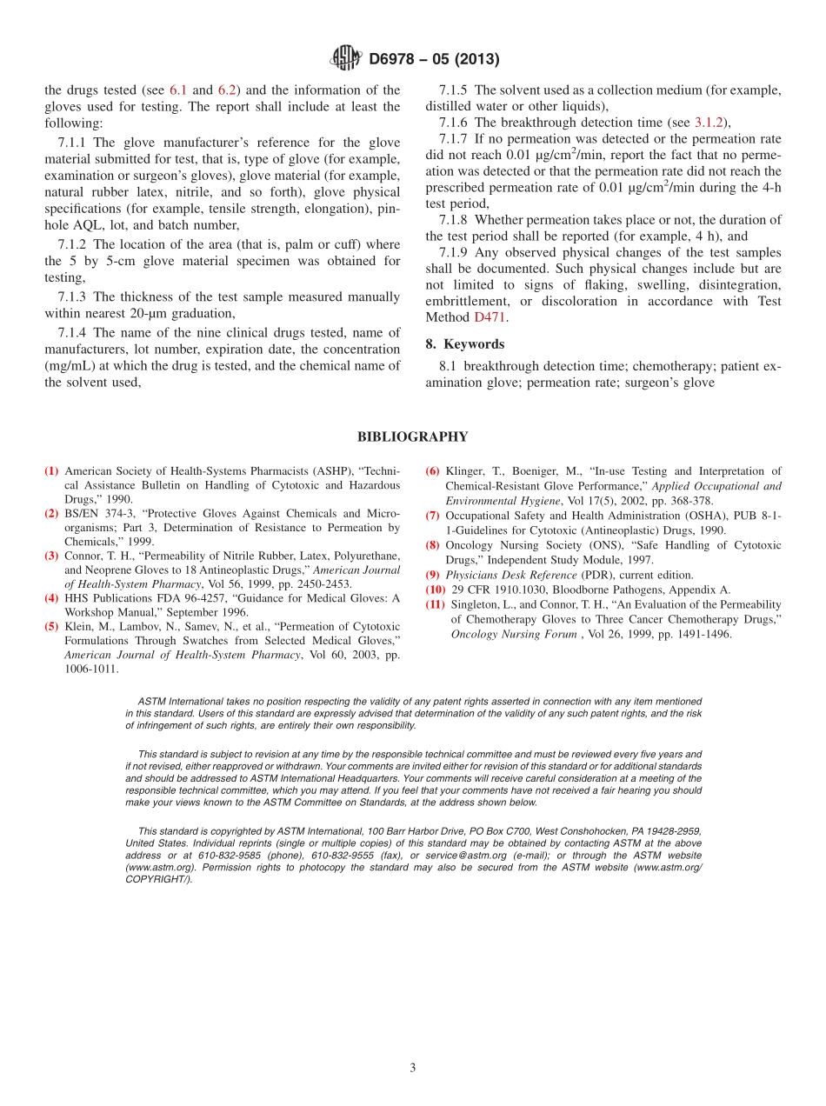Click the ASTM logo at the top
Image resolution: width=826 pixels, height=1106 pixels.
point(345,59)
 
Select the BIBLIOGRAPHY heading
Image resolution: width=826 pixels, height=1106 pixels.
point(412,437)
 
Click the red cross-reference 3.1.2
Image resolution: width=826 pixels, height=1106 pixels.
point(711,123)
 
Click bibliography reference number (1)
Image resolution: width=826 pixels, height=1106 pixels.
point(52,471)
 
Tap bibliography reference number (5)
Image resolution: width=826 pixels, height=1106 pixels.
point(52,626)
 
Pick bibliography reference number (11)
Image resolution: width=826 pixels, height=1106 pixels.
point(436,604)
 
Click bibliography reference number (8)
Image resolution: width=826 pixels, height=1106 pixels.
point(433,545)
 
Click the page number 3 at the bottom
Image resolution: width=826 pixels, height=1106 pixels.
point(413,1068)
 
